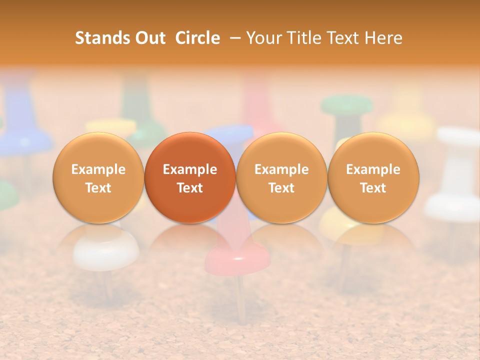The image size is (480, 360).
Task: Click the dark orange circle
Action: click(x=190, y=178)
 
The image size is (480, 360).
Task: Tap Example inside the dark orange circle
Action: click(x=190, y=169)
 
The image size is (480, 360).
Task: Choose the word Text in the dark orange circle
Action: click(x=190, y=188)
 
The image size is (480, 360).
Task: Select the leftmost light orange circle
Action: click(x=98, y=178)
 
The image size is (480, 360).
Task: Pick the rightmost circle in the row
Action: click(x=373, y=178)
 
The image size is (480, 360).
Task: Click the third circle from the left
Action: click(x=281, y=178)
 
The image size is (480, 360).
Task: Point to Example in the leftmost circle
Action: click(x=98, y=169)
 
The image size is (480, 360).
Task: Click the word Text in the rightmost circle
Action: click(x=373, y=188)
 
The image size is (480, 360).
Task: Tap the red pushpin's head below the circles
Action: click(x=238, y=257)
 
